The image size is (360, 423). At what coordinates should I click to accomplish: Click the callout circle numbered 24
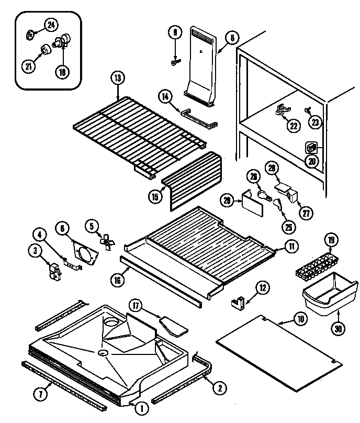click(x=51, y=24)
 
